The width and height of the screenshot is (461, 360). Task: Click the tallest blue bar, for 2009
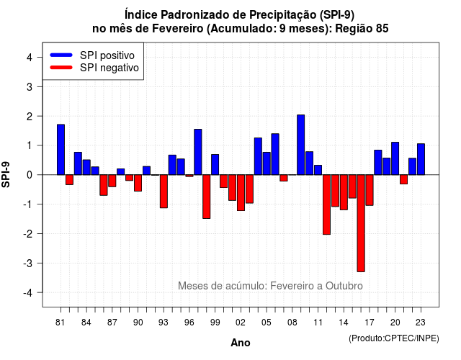point(300,145)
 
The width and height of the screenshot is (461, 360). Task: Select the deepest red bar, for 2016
point(361,223)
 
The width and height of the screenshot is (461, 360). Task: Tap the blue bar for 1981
point(61,150)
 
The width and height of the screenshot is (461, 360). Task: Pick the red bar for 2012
point(326,204)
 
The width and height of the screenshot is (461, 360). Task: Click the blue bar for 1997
point(198,152)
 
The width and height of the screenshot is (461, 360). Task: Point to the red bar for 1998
point(207,197)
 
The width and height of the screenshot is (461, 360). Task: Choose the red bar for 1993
point(164,192)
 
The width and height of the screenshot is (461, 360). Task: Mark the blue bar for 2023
point(421,159)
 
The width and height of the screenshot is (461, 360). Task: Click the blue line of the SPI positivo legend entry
point(61,55)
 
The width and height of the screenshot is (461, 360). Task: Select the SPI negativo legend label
point(109,68)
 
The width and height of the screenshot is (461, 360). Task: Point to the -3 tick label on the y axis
point(28,264)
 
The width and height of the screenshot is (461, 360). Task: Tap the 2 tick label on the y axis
point(30,117)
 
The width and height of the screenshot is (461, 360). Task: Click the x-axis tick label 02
point(241,323)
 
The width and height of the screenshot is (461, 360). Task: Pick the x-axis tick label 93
point(164,323)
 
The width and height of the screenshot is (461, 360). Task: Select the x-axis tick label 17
point(370,323)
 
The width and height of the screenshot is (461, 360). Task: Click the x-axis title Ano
point(241,343)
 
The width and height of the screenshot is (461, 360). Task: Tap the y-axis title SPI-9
point(6,174)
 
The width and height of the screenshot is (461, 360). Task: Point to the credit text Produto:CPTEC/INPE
point(394,338)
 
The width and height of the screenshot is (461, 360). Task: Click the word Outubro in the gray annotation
point(344,286)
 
